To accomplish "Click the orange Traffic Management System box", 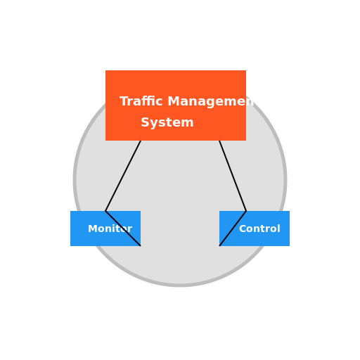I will (x=176, y=81).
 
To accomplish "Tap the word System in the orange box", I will (x=167, y=123).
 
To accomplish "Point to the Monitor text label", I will (x=110, y=229).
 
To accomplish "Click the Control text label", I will (x=259, y=229).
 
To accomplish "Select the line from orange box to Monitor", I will (x=123, y=176).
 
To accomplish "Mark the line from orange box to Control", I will (x=233, y=176).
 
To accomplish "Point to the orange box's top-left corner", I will (x=106, y=71).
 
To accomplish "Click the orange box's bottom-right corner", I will (x=245, y=140).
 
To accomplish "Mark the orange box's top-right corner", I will (x=245, y=71).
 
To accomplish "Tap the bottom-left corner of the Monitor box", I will (x=71, y=245).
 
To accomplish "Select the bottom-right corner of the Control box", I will (x=289, y=245).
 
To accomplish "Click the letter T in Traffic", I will (x=124, y=102).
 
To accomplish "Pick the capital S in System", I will (x=145, y=123).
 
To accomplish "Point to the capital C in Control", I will (x=243, y=229).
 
